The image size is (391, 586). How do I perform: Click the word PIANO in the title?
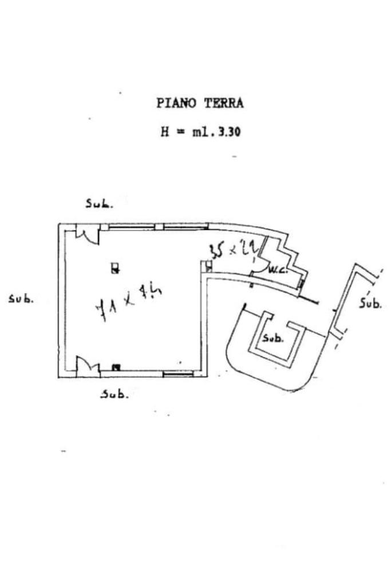point(175,104)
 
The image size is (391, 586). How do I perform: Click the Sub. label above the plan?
point(99,203)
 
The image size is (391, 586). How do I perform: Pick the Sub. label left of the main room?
point(21,299)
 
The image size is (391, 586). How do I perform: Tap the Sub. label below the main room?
point(114,394)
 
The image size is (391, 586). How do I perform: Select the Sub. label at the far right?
point(370,303)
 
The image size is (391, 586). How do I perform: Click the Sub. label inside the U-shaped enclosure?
point(272,338)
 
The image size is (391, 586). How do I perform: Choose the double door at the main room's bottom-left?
point(88,365)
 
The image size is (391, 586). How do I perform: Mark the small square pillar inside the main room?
point(114,268)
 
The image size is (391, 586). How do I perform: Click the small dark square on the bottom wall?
point(116,367)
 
